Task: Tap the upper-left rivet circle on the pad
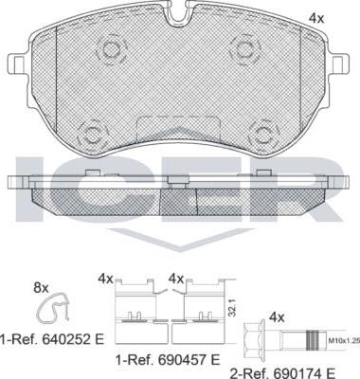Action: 111,48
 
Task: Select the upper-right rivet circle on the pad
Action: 244,48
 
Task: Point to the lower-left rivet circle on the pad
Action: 92,135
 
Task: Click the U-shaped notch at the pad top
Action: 179,15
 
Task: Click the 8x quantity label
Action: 41,287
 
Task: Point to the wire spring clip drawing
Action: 53,309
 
